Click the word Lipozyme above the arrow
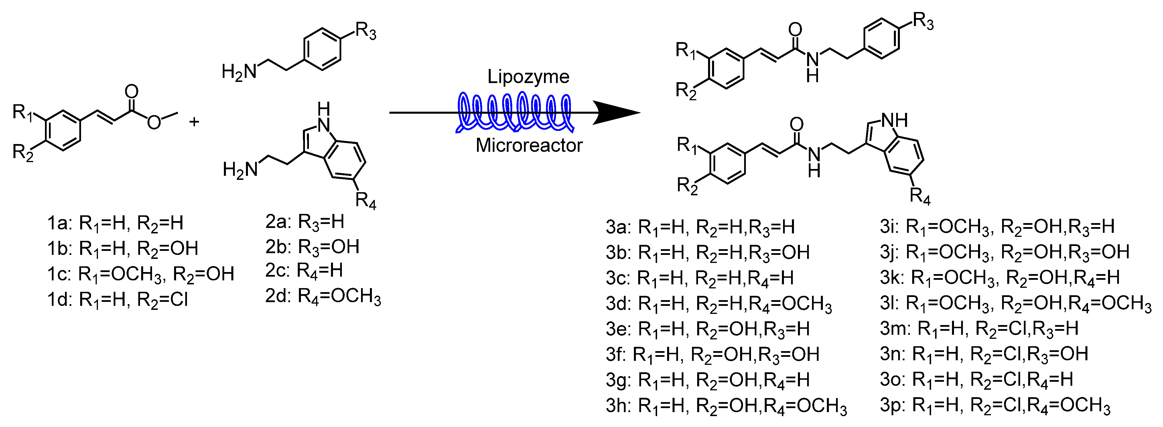tap(528, 77)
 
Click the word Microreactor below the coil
tap(529, 145)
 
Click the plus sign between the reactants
tap(194, 122)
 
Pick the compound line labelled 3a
tap(700, 227)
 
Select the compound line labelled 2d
tap(323, 297)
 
